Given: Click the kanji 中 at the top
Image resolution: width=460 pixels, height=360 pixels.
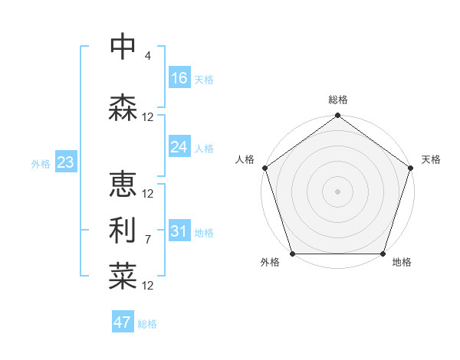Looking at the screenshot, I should tap(123, 47).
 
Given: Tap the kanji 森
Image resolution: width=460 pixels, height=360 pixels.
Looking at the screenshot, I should tap(123, 107).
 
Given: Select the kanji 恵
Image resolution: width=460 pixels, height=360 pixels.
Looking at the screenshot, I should tap(123, 184).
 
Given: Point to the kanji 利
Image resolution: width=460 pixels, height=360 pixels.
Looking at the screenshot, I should tap(123, 230).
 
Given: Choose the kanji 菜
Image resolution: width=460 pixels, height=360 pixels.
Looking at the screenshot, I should tap(123, 276).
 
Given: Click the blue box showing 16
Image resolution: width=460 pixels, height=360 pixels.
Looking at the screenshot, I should tap(179, 78).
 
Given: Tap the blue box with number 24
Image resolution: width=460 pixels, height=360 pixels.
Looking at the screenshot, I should tap(179, 147).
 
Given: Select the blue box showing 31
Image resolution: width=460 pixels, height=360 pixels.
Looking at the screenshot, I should tap(179, 231).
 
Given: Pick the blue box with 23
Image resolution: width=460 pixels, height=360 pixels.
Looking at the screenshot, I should tap(65, 162).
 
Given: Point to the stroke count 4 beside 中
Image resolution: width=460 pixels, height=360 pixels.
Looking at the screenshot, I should tap(147, 56).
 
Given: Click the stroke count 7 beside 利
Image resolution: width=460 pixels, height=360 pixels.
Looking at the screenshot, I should tap(147, 240).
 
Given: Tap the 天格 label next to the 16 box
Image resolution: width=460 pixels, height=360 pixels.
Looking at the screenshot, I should tap(204, 80).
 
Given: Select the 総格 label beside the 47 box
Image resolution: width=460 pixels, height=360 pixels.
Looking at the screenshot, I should tap(147, 324).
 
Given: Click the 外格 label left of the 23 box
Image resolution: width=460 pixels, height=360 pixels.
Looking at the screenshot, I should tap(40, 164).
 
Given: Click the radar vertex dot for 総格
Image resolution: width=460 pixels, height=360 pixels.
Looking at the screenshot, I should tap(337, 116).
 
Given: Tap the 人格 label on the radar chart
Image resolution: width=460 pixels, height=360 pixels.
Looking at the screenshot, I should tap(245, 159).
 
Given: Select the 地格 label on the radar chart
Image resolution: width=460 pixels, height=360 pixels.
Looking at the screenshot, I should tap(402, 263).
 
